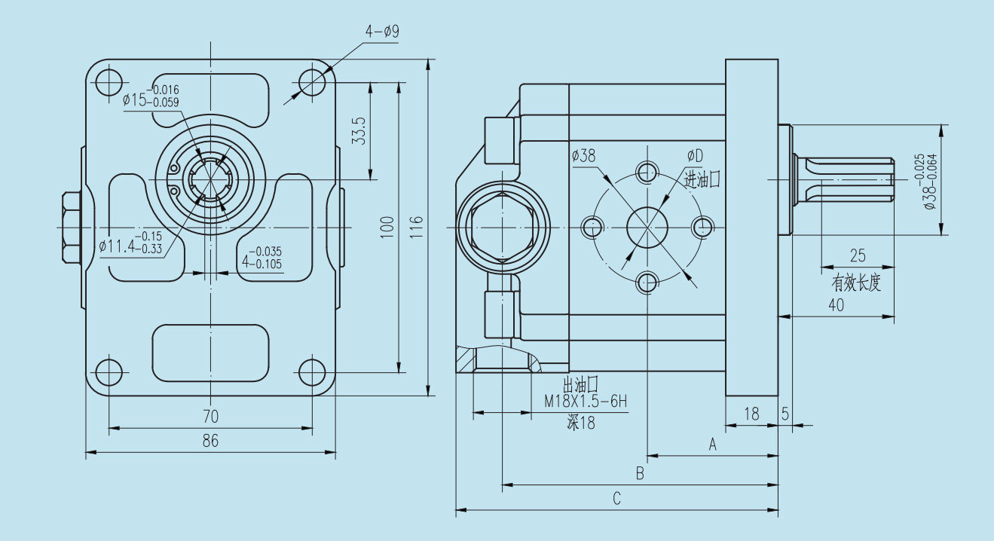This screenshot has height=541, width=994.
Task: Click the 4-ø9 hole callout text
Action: click(382, 32)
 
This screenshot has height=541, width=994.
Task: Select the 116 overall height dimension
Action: click(417, 227)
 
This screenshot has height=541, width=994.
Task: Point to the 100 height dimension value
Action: click(387, 227)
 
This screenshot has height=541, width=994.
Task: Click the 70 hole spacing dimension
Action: click(210, 416)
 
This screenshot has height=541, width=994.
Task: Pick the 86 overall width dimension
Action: click(210, 442)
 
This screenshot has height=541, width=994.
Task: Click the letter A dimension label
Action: click(712, 445)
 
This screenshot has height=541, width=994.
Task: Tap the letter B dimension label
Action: click(640, 474)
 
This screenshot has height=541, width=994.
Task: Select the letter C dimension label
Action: click(616, 499)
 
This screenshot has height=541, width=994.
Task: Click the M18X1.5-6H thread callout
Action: click(586, 402)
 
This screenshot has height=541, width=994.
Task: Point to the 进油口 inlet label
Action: click(702, 179)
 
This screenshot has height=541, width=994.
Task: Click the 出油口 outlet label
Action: click(580, 385)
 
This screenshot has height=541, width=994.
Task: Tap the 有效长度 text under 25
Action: click(856, 283)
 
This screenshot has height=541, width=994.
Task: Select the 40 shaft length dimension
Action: click(836, 305)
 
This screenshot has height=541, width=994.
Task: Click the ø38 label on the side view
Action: click(583, 156)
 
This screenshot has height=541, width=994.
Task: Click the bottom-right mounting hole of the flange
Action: click(312, 371)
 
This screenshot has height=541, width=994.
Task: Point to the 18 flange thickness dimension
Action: click(751, 413)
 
